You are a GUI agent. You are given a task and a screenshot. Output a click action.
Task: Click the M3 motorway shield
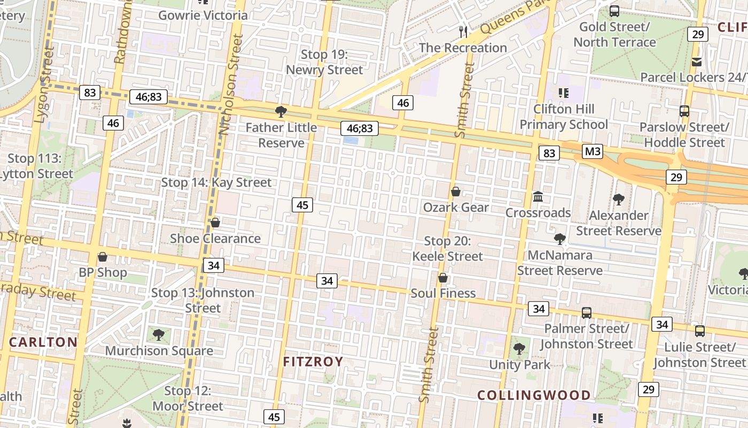click(x=593, y=151)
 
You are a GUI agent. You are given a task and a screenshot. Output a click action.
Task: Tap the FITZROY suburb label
click(x=313, y=362)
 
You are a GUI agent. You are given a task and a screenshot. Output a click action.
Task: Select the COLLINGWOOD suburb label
click(x=534, y=395)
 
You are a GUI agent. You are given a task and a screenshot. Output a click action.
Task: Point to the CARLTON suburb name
click(x=43, y=342)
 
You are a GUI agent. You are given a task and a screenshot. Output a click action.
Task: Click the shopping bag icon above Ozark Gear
click(x=456, y=192)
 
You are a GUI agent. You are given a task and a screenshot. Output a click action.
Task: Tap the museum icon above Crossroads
click(x=538, y=197)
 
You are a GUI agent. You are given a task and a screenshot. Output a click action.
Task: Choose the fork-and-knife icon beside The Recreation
click(x=463, y=32)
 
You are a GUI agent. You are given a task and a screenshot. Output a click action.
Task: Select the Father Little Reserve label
click(x=281, y=135)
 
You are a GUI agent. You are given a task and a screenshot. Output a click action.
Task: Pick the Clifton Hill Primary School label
click(x=564, y=117)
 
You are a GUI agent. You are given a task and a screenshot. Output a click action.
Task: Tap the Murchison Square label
click(x=159, y=351)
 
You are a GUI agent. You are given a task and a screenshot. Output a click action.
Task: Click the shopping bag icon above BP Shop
click(x=103, y=257)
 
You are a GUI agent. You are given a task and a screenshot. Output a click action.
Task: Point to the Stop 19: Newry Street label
click(x=324, y=62)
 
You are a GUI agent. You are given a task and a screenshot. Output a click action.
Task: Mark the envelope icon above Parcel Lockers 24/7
click(x=697, y=62)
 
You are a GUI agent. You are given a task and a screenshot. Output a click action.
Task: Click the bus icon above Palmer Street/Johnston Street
click(x=586, y=313)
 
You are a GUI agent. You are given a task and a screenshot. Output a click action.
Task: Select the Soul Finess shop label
click(x=443, y=293)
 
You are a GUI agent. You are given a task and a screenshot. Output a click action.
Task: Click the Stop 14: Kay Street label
click(x=216, y=182)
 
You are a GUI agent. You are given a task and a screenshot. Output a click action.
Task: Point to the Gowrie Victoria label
click(x=203, y=15)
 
